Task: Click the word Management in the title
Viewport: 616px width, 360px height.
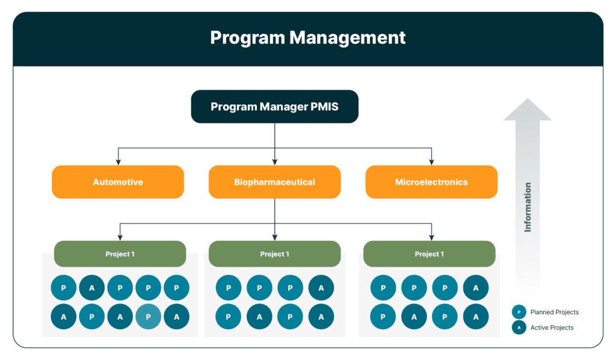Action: (x=347, y=38)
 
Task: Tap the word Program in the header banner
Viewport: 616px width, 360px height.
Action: (x=247, y=38)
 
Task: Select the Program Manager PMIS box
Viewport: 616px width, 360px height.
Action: (x=274, y=107)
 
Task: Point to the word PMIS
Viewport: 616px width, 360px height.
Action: (x=324, y=107)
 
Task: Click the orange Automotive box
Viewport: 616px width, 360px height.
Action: (x=118, y=182)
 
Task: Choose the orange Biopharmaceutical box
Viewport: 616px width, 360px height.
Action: (x=274, y=182)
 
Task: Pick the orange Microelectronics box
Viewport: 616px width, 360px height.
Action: (x=431, y=182)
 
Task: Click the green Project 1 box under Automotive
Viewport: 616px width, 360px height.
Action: (x=120, y=254)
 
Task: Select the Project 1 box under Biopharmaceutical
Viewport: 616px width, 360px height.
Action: (x=274, y=254)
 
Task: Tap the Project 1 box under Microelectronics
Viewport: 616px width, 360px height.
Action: (x=430, y=254)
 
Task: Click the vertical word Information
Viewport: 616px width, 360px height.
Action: (x=528, y=207)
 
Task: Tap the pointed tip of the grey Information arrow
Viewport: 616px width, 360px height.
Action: (x=528, y=99)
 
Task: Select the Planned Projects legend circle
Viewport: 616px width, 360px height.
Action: (x=519, y=312)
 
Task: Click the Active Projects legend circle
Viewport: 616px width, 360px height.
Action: (x=519, y=327)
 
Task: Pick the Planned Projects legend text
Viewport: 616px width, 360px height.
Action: (x=554, y=312)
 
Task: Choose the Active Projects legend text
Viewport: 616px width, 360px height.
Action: (x=552, y=327)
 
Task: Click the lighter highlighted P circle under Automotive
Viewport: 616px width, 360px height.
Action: (x=148, y=317)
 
